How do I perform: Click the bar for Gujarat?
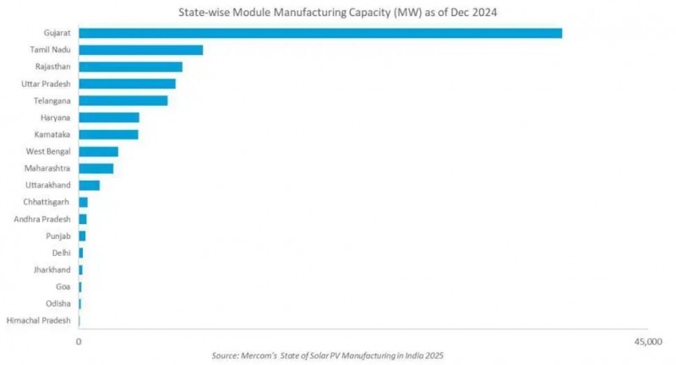[320, 33]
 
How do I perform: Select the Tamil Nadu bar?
[141, 50]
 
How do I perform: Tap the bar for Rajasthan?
[131, 67]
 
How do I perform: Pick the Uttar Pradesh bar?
[128, 84]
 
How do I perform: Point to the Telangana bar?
[123, 101]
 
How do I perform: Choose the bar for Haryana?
[109, 117]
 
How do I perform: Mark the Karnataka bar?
[108, 134]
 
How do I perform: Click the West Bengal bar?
[99, 151]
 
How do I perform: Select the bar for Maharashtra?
[96, 168]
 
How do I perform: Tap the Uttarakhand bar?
[90, 185]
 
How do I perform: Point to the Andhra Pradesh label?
[42, 219]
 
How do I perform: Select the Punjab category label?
[58, 236]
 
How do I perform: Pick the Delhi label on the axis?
[62, 253]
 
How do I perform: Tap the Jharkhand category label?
[53, 270]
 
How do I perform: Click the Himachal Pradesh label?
[38, 320]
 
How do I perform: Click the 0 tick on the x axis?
[79, 341]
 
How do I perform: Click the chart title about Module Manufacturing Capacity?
[337, 12]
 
